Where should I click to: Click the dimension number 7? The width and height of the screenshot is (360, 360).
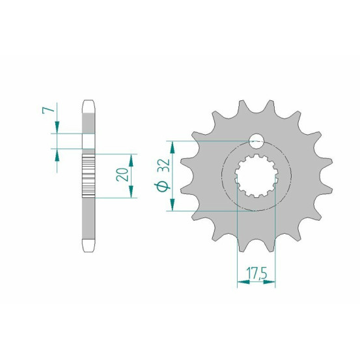point(48,111)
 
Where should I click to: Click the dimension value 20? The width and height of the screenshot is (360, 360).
point(122,174)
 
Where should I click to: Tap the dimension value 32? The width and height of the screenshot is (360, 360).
point(163,165)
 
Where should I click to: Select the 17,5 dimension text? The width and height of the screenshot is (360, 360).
point(256,273)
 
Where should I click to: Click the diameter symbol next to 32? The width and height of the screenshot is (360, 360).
point(163,186)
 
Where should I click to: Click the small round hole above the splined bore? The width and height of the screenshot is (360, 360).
point(256,141)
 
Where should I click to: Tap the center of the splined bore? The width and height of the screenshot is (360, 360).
point(256,176)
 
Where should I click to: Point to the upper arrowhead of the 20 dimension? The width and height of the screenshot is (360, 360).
point(131,161)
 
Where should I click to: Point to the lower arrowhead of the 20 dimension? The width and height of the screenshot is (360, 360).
point(131,191)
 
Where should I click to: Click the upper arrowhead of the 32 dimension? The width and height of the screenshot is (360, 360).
point(173,147)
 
